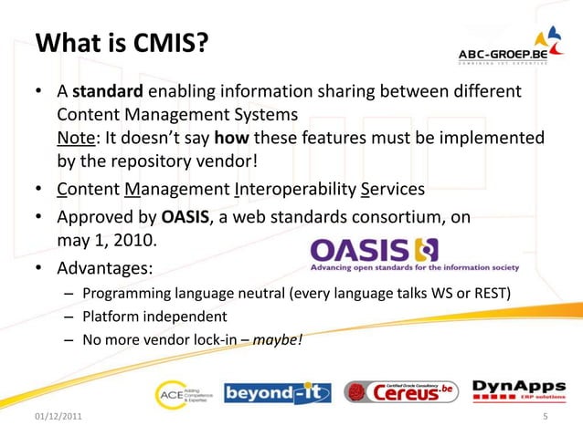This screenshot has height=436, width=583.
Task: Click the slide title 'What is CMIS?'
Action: [121, 42]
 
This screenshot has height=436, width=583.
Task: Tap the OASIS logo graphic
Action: [414, 255]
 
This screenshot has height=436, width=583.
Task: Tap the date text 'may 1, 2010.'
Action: [107, 242]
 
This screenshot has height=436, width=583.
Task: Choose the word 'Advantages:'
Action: [104, 269]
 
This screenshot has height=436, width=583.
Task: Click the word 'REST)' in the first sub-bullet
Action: [491, 294]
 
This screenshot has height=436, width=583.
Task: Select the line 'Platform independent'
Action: [154, 317]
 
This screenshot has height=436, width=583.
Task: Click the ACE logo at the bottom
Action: [183, 391]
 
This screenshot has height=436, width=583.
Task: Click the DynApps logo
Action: [511, 390]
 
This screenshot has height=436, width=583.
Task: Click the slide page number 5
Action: [545, 419]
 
